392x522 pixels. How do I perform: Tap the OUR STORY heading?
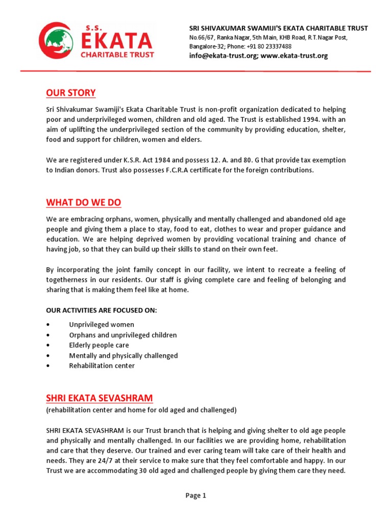71,93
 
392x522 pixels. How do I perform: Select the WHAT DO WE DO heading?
84,202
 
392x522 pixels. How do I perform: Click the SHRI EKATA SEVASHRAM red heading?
100,398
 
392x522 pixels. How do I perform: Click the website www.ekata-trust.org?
294,56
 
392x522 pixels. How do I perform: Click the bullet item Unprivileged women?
102,325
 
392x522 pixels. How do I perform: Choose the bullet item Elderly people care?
99,345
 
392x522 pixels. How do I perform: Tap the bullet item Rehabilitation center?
102,366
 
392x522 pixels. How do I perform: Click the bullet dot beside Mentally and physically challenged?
47,355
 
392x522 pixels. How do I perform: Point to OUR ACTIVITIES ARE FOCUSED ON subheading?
102,310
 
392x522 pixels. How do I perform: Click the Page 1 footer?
195,495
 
